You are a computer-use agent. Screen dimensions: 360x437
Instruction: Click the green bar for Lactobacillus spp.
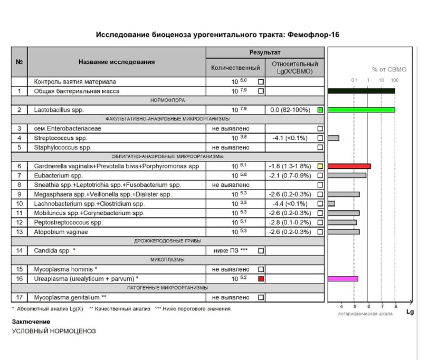coord(361,110)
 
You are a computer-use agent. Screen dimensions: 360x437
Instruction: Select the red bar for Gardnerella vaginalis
coord(349,166)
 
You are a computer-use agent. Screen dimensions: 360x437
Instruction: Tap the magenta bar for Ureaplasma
coord(343,279)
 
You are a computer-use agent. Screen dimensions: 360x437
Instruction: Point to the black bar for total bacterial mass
coord(361,91)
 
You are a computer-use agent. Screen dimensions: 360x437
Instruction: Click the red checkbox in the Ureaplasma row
coord(261,279)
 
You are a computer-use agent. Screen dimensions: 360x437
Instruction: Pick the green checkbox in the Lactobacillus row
coord(320,110)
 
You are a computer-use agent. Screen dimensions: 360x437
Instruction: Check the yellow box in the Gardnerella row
coord(320,166)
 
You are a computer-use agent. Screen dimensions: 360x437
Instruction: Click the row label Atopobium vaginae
coord(60,231)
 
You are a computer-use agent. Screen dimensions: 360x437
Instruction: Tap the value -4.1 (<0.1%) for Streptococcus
coord(291,138)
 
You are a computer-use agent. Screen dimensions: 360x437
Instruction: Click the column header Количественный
coord(235,68)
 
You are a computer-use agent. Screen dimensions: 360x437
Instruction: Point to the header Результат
coord(264,53)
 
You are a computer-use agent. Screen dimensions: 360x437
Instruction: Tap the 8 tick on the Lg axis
coord(395,306)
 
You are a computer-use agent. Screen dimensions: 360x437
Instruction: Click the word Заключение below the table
coord(31,321)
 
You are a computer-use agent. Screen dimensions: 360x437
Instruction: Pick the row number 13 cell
coord(20,231)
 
